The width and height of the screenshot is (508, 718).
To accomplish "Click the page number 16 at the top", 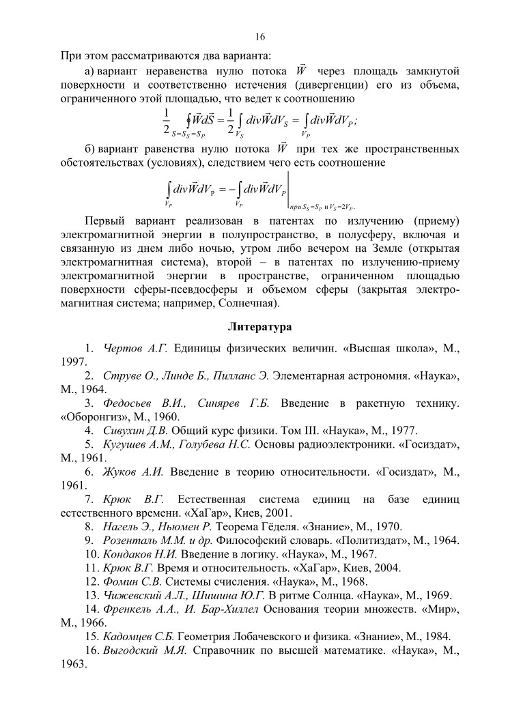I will (260, 36).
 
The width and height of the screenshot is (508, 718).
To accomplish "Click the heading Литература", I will (260, 327).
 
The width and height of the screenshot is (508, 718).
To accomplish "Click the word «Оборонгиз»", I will (90, 417).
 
